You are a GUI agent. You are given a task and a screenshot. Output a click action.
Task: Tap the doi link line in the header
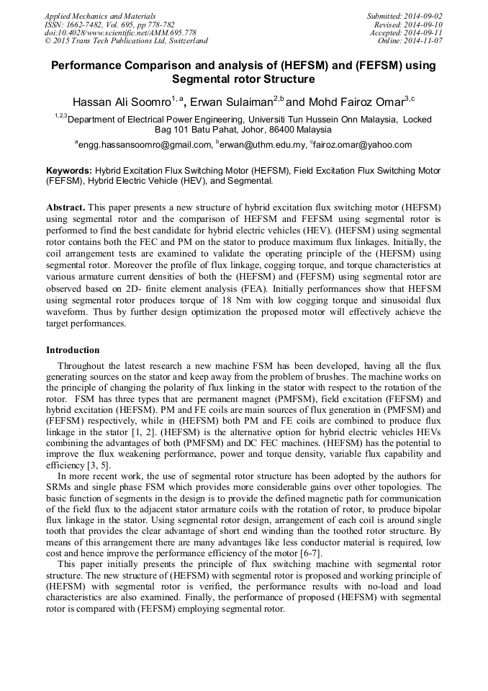(120, 33)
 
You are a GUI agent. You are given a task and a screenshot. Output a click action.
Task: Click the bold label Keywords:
(70, 171)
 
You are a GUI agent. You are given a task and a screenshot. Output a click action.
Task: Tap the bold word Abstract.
(66, 207)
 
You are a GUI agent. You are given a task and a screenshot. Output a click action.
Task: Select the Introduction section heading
(73, 350)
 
